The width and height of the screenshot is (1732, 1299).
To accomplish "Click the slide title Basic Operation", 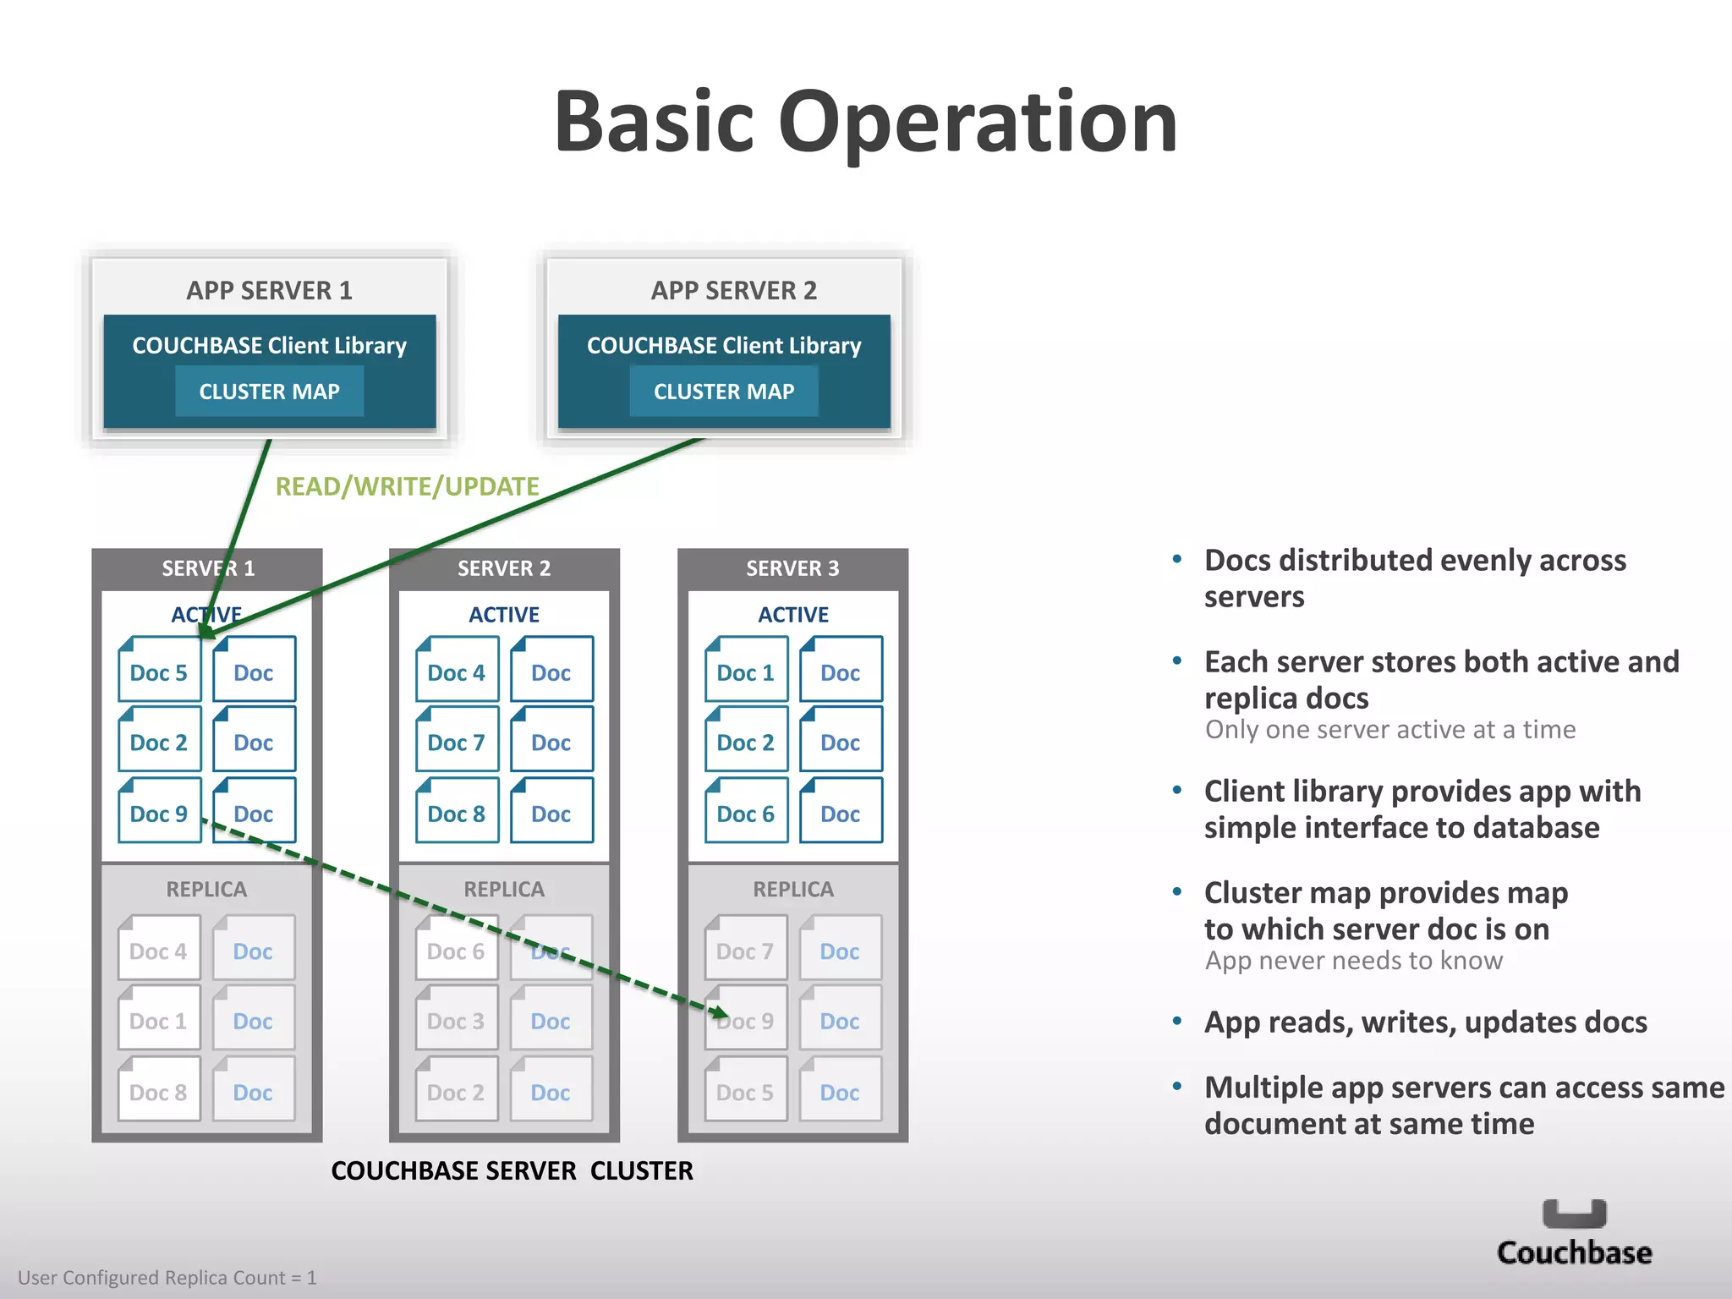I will (865, 123).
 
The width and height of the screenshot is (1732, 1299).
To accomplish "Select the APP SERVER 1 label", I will (269, 290).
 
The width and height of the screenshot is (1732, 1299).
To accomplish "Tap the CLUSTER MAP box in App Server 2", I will (724, 391).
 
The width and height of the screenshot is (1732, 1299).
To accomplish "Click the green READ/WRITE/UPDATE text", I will (407, 486).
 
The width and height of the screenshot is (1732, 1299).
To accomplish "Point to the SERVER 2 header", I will (504, 568).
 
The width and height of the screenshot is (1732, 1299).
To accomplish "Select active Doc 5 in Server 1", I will (159, 671).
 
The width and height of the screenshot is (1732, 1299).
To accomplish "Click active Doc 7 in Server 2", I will (457, 742).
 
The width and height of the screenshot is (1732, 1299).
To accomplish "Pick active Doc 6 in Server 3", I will (746, 813).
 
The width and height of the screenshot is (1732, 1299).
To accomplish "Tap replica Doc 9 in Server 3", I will (746, 1020).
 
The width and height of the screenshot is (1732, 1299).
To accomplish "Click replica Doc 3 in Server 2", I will (457, 1020).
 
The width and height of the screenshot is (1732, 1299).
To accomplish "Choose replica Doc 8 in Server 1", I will (159, 1092).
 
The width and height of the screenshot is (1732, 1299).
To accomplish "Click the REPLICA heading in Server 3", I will (793, 889).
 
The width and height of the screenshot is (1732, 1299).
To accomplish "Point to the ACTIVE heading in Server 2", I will (504, 614).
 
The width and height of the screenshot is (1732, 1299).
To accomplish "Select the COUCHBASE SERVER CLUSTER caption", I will (512, 1170).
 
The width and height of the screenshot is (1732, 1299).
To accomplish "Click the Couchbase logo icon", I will (1574, 1214).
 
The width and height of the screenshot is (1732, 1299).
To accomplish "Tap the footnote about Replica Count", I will (167, 1277).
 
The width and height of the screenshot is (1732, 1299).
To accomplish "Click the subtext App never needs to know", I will (1353, 961).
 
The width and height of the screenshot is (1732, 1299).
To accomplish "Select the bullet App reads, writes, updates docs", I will (1425, 1022).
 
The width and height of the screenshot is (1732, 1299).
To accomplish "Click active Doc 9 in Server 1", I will (159, 813).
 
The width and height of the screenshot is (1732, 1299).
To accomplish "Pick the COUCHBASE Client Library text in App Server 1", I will (269, 345).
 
